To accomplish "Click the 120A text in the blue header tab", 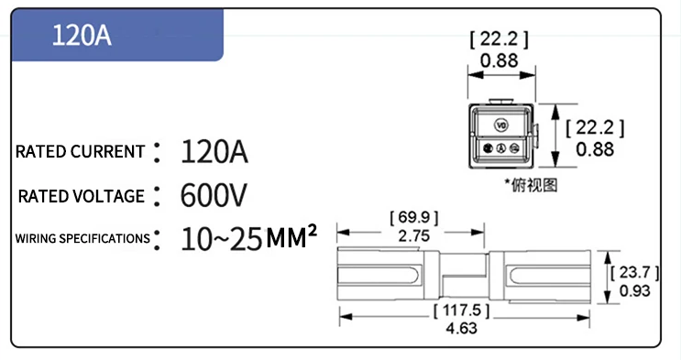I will point(82,35).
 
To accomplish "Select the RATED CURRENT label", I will point(81,152).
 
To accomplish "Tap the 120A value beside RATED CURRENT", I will point(214,151).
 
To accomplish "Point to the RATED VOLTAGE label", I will point(82,196).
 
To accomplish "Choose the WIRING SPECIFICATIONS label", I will point(82,239).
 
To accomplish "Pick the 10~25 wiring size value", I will point(221,239).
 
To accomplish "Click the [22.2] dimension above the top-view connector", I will point(500,39).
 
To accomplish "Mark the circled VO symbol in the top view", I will point(500,124).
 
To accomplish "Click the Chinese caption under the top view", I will point(532,184).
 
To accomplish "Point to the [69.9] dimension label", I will point(414,218).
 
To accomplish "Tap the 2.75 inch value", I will point(414,235).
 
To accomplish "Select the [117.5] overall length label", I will point(461,311).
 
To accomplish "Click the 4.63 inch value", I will point(461,328).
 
